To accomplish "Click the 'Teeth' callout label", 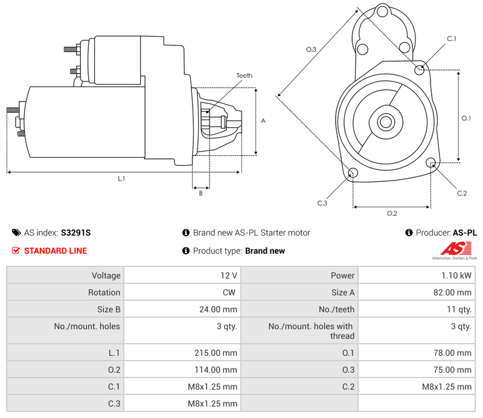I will pyautogui.click(x=244, y=76).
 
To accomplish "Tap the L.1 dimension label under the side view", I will pyautogui.click(x=121, y=178).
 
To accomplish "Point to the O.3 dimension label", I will pyautogui.click(x=311, y=50).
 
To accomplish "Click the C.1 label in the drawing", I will pyautogui.click(x=451, y=39).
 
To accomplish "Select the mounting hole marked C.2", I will pyautogui.click(x=431, y=162).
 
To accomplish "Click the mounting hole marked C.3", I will pyautogui.click(x=354, y=174).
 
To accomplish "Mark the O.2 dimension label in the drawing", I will pyautogui.click(x=391, y=213).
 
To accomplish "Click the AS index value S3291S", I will pyautogui.click(x=75, y=233).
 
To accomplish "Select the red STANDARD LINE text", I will pyautogui.click(x=56, y=251).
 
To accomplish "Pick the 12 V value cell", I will pyautogui.click(x=229, y=275).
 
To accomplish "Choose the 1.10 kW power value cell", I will pyautogui.click(x=459, y=275).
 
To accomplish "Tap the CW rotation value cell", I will pyautogui.click(x=231, y=292).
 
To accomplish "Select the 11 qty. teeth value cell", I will pyautogui.click(x=461, y=309).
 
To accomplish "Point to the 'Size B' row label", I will pyautogui.click(x=108, y=309).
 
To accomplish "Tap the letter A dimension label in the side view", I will pyautogui.click(x=263, y=121).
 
